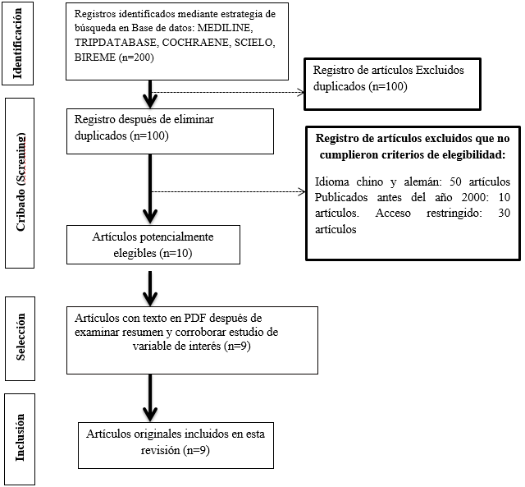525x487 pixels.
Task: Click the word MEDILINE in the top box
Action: point(252,29)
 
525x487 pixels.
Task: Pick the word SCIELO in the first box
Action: point(259,44)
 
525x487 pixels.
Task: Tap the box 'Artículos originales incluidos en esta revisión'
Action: point(176,441)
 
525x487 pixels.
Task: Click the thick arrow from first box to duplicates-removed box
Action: point(151,92)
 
